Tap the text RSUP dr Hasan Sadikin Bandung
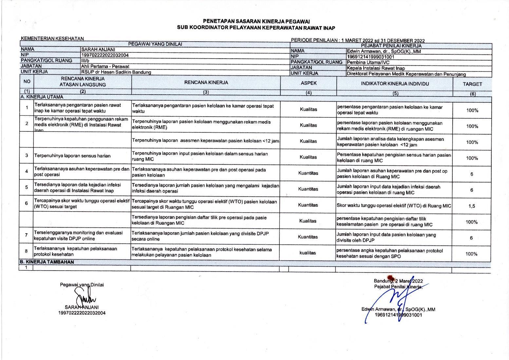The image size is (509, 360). click(x=116, y=72)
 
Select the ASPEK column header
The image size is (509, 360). click(x=309, y=83)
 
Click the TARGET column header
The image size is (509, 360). click(x=472, y=84)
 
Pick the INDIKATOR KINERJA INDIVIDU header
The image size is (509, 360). click(x=395, y=84)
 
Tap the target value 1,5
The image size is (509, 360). click(x=472, y=206)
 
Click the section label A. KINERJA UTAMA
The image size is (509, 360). click(x=42, y=97)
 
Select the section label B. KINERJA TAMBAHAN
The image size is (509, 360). click(x=47, y=262)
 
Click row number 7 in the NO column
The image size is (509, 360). click(x=27, y=235)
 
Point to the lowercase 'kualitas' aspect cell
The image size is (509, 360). click(x=308, y=253)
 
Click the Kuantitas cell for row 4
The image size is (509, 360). click(x=308, y=173)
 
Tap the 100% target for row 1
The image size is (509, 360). click(x=472, y=110)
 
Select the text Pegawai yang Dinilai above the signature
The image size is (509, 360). click(x=82, y=285)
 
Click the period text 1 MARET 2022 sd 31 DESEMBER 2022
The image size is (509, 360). click(x=383, y=41)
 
